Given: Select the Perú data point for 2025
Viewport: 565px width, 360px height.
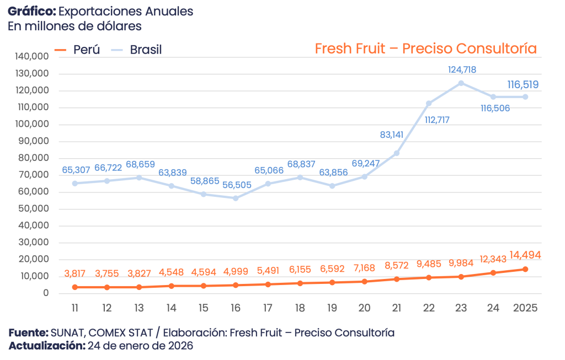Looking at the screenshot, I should tap(525, 269).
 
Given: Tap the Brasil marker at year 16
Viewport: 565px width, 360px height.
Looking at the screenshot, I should tap(236, 198).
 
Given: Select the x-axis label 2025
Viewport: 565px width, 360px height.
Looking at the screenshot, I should tap(525, 307).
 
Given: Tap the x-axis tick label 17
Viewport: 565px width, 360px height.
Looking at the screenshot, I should tap(268, 307).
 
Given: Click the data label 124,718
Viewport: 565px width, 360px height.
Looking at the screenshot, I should tap(462, 69).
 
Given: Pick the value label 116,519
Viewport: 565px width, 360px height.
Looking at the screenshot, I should tap(523, 84).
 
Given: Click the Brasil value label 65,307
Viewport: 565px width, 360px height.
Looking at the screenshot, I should tap(74, 170).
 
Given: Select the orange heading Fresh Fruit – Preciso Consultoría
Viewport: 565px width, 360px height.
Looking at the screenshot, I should tap(425, 49).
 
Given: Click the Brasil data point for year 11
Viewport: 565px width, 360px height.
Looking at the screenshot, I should tap(74, 183).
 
